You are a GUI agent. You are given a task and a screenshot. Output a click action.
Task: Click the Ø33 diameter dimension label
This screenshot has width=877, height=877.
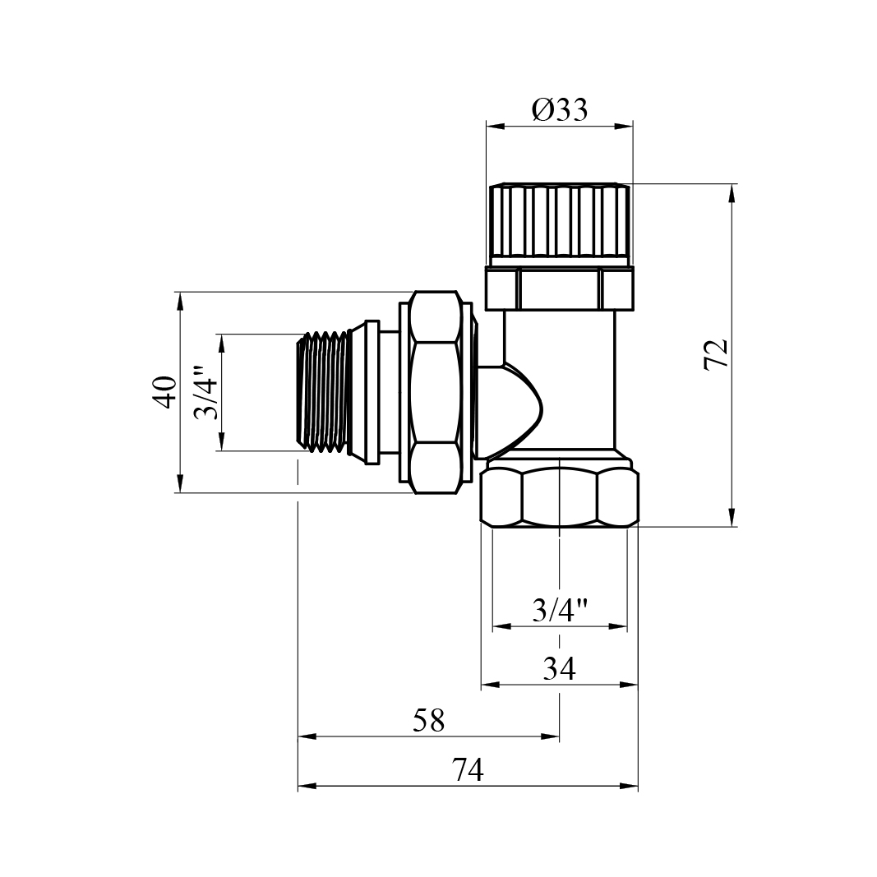(560, 109)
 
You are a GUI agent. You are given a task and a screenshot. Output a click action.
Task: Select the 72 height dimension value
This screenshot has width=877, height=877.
(716, 354)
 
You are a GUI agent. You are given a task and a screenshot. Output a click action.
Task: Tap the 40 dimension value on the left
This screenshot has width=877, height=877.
(165, 391)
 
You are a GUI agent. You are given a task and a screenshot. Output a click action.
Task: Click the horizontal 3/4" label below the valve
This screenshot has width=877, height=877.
(561, 610)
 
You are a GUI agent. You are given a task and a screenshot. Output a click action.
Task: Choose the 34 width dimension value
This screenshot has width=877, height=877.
(560, 669)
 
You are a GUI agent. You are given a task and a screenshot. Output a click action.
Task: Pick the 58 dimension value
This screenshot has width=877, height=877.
(428, 721)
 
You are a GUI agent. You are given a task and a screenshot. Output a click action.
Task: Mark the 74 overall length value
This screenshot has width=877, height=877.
(468, 770)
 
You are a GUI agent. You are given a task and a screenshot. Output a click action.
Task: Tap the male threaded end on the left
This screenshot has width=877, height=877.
(325, 392)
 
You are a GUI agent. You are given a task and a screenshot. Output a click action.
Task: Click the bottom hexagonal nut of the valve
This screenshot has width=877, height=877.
(560, 496)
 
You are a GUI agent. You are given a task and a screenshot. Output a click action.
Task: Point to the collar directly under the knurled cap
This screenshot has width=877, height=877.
(560, 288)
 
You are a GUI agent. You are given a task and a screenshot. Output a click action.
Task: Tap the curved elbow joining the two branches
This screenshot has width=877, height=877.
(514, 407)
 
